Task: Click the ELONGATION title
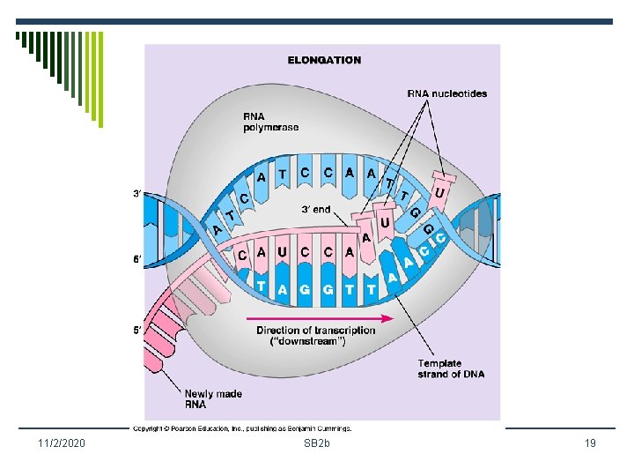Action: point(324,60)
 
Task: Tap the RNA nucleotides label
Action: point(446,93)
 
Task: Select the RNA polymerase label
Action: point(270,122)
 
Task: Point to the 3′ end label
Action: point(316,209)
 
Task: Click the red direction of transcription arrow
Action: point(321,317)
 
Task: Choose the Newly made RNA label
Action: point(213,398)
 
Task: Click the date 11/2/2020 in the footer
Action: point(62,443)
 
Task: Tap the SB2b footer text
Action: point(317,443)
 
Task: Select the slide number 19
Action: point(590,443)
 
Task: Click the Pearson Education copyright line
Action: point(242,428)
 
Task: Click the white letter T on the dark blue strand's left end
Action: point(262,286)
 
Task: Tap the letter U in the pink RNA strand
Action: point(282,251)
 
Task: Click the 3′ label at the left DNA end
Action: point(137,194)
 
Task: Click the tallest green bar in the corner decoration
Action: point(100,79)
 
